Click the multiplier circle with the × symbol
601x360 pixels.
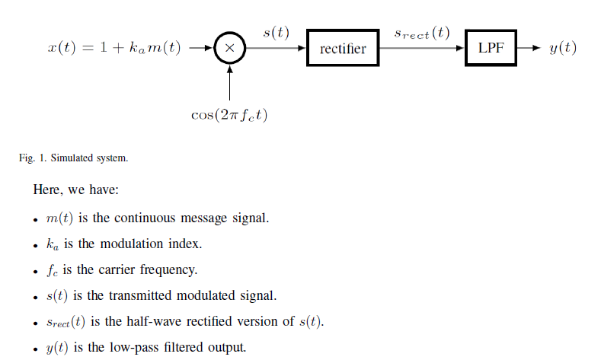pos(229,49)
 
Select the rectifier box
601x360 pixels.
pos(343,49)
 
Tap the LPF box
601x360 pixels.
pos(491,48)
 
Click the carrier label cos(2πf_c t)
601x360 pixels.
pos(229,115)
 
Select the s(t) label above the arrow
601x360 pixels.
pos(276,33)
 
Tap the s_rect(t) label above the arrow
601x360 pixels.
pos(422,33)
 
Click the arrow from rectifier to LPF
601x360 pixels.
pos(422,49)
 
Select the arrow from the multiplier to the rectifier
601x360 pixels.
pos(276,49)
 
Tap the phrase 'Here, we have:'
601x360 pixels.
pos(75,189)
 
